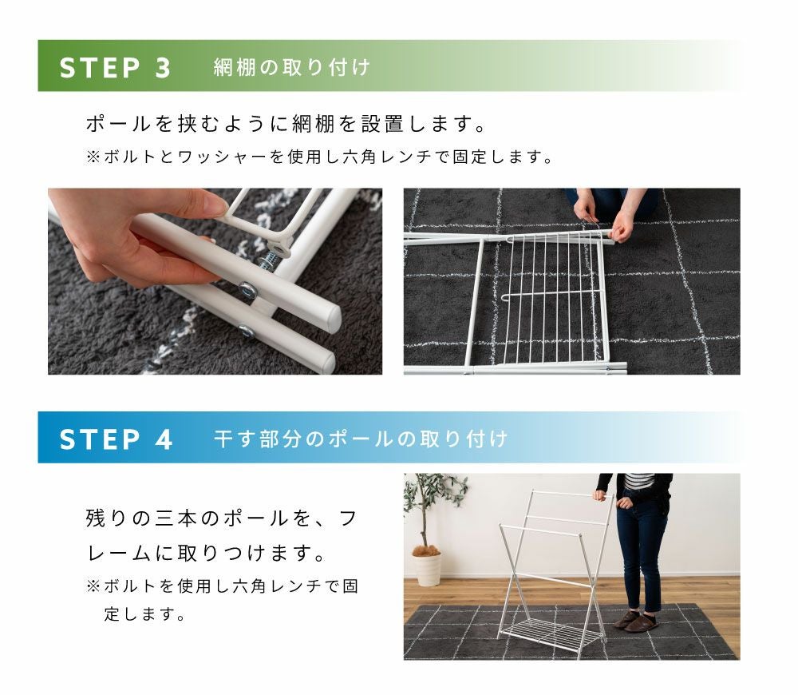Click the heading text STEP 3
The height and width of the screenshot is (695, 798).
point(115,68)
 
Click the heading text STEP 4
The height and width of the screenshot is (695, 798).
point(116,439)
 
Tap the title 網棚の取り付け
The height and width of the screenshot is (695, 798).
point(291,67)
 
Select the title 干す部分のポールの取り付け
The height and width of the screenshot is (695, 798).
point(361,439)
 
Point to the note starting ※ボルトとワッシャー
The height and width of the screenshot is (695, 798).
point(320,157)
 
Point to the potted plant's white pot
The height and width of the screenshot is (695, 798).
point(426,568)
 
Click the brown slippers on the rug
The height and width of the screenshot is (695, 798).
point(636,621)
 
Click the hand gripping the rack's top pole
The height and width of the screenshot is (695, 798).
point(599,494)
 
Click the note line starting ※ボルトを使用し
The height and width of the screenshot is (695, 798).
point(223,586)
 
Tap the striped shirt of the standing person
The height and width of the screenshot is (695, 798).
point(638,480)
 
